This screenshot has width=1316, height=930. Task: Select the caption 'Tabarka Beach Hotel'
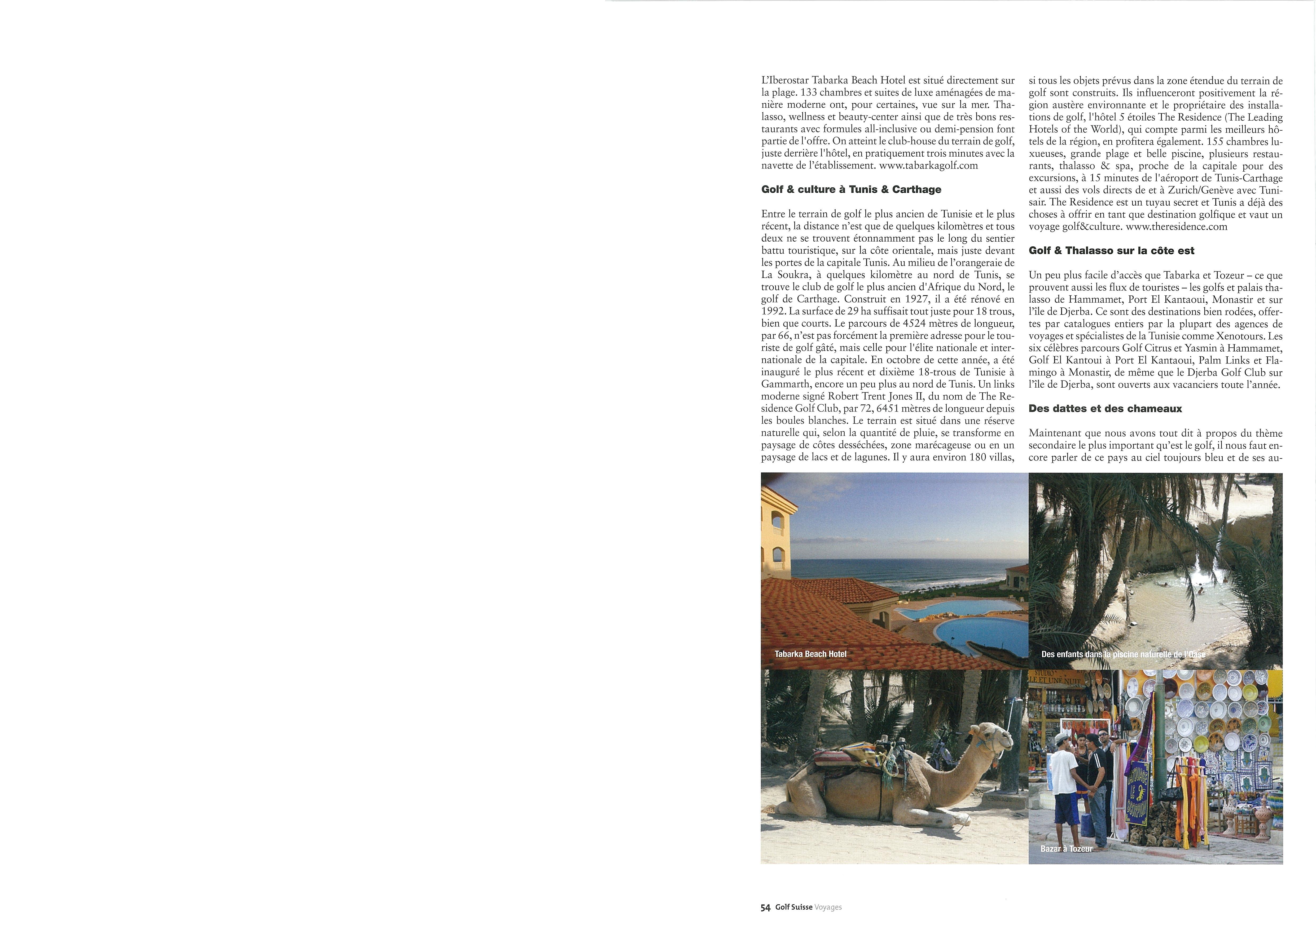click(810, 654)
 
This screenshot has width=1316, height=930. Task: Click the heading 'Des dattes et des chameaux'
click(1105, 409)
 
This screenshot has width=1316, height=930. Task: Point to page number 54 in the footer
click(765, 907)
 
